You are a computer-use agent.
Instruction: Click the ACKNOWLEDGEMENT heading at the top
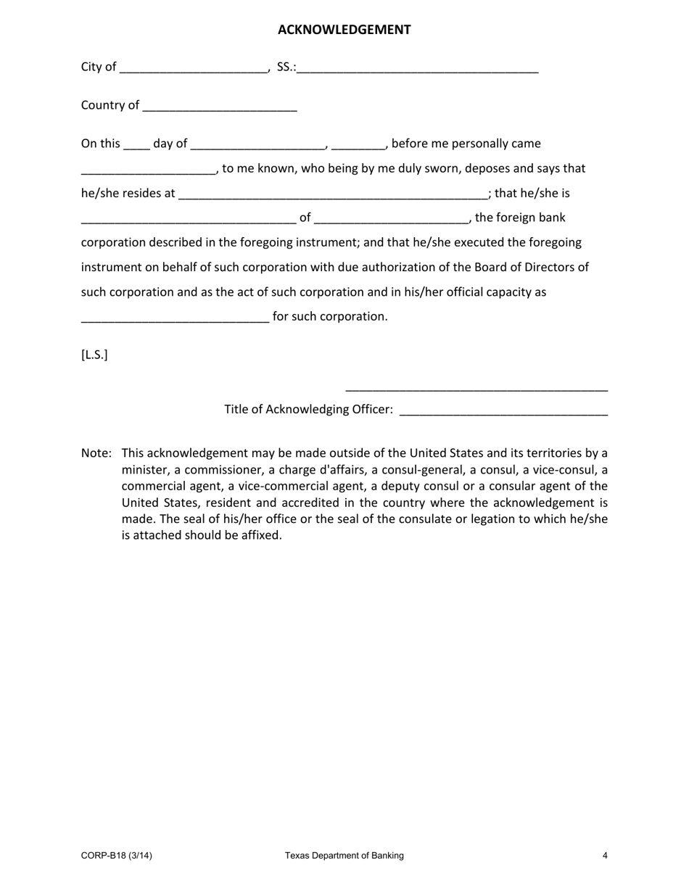tap(344, 30)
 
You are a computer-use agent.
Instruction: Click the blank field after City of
tap(194, 68)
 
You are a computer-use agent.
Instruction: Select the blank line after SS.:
tap(418, 68)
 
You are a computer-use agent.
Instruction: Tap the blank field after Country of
tap(220, 107)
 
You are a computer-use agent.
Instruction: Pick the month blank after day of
tap(258, 145)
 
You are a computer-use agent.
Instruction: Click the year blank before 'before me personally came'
tap(358, 145)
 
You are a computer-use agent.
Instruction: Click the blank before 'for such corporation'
tap(175, 318)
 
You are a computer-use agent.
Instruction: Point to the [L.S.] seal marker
tap(94, 355)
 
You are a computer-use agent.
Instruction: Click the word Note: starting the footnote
tap(96, 453)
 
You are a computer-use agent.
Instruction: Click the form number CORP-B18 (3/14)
tap(117, 856)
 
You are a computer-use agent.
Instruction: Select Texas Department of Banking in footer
tap(344, 856)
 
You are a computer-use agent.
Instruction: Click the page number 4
tap(604, 856)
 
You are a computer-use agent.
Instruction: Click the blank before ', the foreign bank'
tap(392, 219)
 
